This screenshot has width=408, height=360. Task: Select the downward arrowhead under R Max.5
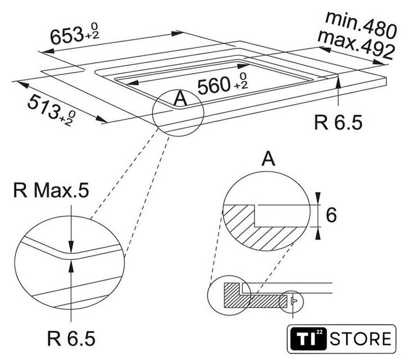(71, 247)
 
